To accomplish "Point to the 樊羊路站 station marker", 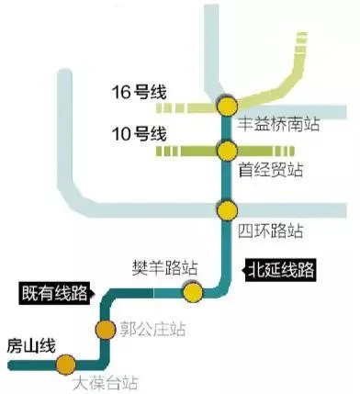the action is (192, 292).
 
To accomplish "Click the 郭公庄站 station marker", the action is (105, 329).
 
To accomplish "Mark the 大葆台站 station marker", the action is (65, 365).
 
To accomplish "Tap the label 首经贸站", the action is (270, 171).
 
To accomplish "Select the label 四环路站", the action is (270, 230).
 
